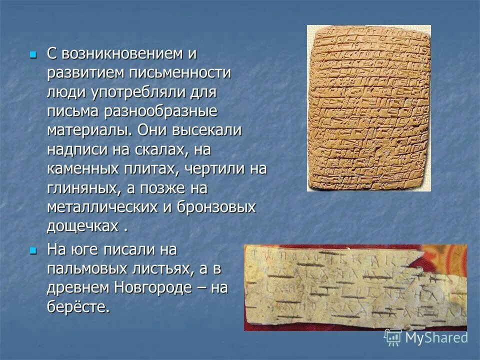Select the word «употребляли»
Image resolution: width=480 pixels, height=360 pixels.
click(139, 92)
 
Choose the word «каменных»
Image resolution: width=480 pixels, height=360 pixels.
click(81, 168)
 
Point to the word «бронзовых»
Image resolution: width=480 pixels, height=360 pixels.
click(216, 207)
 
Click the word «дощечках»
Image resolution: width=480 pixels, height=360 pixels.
click(82, 226)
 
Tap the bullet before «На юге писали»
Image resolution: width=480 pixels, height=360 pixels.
click(33, 249)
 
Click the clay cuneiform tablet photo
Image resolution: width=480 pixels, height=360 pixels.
click(368, 108)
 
